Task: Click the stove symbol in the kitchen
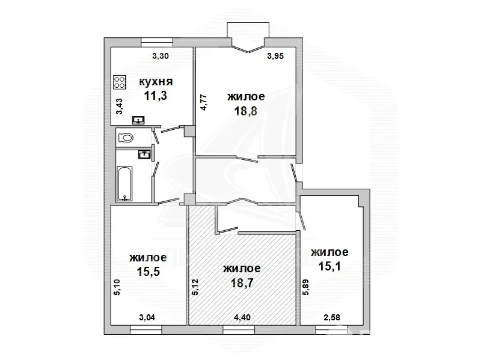click(x=120, y=82)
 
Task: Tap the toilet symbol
click(x=126, y=138)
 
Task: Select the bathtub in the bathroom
click(x=124, y=184)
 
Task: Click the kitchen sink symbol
click(x=139, y=120)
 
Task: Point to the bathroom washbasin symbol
click(x=144, y=154)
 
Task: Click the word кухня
click(x=156, y=82)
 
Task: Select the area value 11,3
click(x=156, y=96)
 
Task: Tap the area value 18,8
click(x=245, y=111)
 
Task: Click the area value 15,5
click(x=149, y=272)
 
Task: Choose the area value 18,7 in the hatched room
click(x=242, y=282)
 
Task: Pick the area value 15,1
click(x=329, y=266)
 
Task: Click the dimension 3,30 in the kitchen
click(x=161, y=56)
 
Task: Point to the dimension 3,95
click(x=275, y=56)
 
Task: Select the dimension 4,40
click(x=242, y=317)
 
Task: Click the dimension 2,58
click(x=332, y=317)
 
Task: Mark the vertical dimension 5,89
click(x=306, y=287)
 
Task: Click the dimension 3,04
click(x=147, y=317)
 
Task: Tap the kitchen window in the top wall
click(x=157, y=42)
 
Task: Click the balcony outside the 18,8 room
click(x=248, y=30)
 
